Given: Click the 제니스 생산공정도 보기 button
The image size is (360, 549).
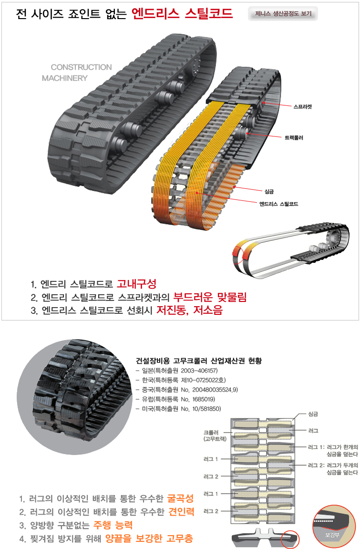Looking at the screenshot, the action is point(283,14).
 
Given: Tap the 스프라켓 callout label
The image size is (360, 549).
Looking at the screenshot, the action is point(303,107).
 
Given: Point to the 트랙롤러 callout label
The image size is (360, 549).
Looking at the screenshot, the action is point(294,138).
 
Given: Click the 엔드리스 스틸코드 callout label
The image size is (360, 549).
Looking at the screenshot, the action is point(278,204).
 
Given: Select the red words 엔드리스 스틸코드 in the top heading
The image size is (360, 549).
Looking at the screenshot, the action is point(182,14).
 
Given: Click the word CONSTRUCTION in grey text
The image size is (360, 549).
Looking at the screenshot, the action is point(81,67).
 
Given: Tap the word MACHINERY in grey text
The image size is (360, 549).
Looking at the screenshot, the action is point(65,78).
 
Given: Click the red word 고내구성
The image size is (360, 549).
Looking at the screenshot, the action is point(136,284).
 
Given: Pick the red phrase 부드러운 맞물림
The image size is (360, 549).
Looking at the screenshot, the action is point(210,297).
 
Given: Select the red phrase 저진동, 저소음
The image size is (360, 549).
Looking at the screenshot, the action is point(189,310).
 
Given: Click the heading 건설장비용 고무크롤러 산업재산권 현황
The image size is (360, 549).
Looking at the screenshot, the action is point(199,361).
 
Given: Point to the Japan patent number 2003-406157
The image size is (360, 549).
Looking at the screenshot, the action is point(199,371).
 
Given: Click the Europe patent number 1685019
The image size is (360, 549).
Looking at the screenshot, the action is point(204,399).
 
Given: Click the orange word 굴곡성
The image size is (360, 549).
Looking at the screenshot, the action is point(180,498).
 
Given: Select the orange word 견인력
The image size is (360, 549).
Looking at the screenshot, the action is point(181,511).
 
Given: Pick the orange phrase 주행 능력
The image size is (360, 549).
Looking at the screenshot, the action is point(113,525).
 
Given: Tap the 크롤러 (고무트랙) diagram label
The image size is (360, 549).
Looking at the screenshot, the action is point(215,435).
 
